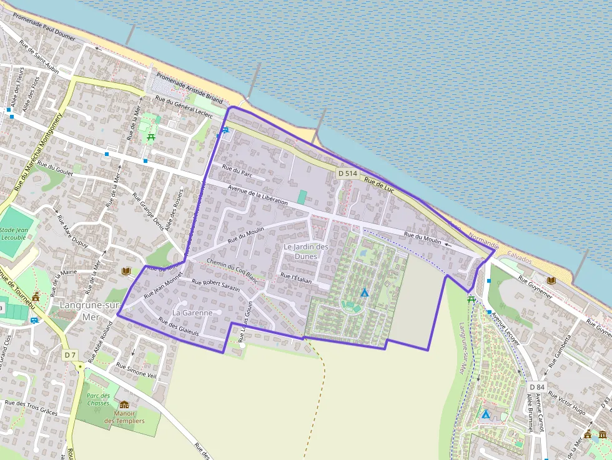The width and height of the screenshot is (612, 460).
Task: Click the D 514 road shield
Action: point(347,173)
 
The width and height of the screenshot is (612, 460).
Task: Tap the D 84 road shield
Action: point(536,387)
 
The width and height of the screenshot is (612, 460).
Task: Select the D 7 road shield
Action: point(70,354)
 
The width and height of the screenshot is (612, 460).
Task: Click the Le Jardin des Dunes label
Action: point(305,252)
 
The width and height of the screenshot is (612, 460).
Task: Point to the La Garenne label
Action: point(193,312)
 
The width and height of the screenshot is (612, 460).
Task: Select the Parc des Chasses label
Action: point(97,399)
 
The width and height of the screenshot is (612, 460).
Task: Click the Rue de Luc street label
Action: point(379,185)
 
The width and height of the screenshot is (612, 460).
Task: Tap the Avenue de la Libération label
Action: point(258,195)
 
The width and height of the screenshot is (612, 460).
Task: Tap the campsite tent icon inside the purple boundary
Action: point(364,292)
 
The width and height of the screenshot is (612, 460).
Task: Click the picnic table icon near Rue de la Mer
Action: point(150,137)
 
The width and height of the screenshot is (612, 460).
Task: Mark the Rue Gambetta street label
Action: point(560,351)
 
